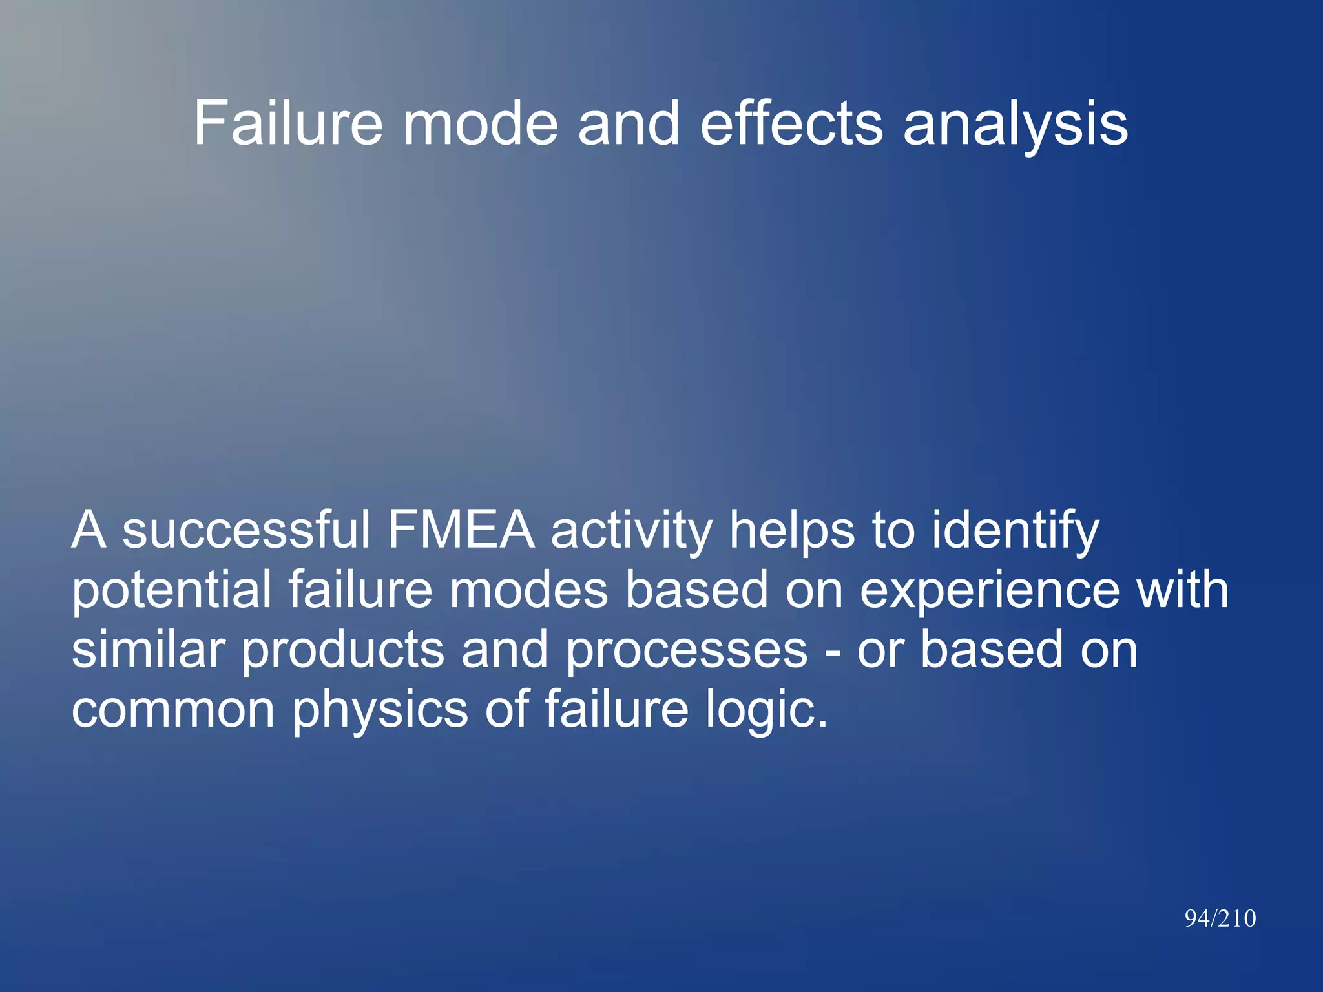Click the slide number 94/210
point(1220,918)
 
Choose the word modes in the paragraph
point(528,590)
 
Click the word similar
point(148,650)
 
